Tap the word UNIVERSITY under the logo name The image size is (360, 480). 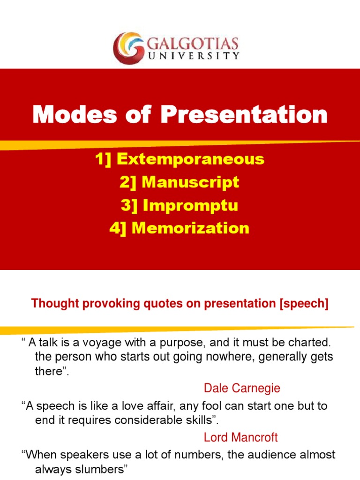point(193,56)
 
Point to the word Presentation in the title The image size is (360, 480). point(244,115)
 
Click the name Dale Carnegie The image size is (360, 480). point(242,388)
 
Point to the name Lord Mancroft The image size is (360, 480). point(241,438)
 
